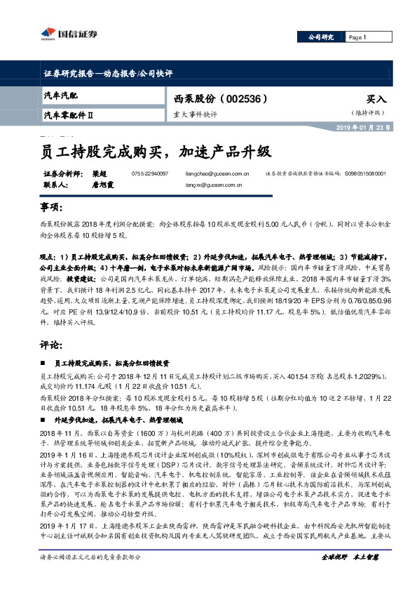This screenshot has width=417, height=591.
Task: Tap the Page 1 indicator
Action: pyautogui.click(x=358, y=36)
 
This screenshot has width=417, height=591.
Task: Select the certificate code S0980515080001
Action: pyautogui.click(x=364, y=173)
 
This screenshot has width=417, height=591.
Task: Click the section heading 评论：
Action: pyautogui.click(x=51, y=347)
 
